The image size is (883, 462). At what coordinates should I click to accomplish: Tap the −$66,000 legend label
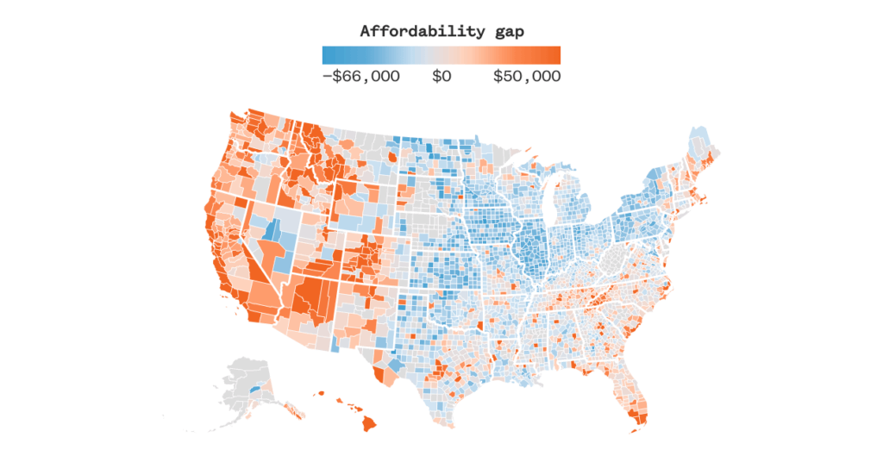point(360,77)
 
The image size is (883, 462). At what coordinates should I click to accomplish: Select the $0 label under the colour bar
point(441,77)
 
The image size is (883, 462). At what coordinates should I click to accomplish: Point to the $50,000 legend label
point(526,77)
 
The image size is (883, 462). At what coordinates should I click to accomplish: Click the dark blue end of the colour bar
point(328,55)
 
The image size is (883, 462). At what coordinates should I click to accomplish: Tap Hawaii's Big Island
point(370,423)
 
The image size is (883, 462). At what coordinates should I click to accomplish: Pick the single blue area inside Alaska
point(253,390)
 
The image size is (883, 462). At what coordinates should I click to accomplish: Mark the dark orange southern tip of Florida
point(640,420)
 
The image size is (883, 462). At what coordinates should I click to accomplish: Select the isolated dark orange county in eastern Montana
point(393,158)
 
